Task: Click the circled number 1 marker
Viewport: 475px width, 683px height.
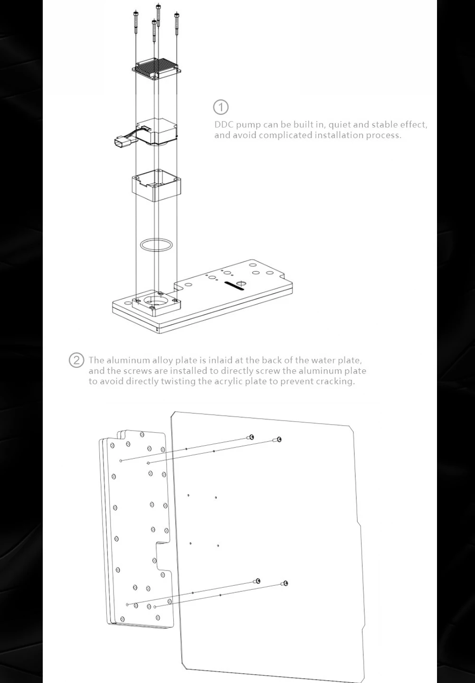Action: coord(220,107)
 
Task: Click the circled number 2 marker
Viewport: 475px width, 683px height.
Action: coord(76,360)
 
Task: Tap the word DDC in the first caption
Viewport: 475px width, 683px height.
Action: coord(224,125)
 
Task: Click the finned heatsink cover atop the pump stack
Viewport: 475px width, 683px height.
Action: coord(157,69)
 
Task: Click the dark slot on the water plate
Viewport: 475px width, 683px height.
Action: coord(234,286)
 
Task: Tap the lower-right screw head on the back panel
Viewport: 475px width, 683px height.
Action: coord(285,583)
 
